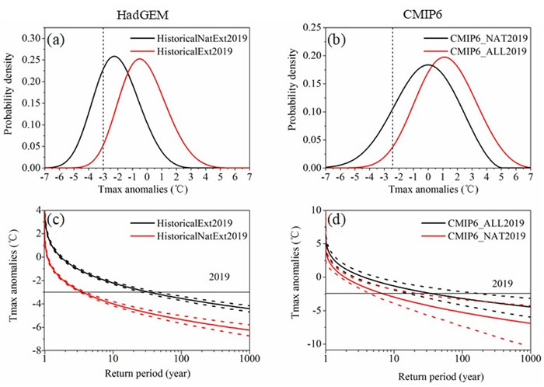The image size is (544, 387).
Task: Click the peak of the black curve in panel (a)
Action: pos(114,56)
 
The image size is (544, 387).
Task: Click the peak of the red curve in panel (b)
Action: pos(445,57)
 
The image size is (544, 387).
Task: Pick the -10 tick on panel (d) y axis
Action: pos(309,344)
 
